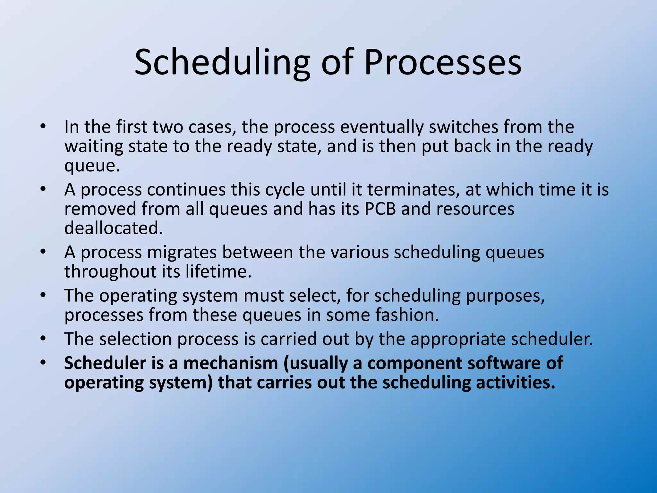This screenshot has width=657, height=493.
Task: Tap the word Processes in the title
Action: (x=442, y=63)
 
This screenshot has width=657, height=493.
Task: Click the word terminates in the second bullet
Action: (x=411, y=190)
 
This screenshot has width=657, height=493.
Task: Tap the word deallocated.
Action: (x=114, y=228)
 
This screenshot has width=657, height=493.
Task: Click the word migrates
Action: (x=182, y=252)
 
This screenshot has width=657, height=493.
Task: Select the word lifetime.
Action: (x=218, y=272)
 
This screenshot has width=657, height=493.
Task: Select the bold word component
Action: (x=414, y=363)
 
